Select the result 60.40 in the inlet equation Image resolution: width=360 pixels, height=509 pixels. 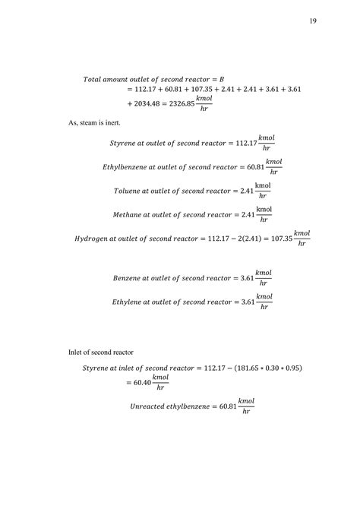coord(141,384)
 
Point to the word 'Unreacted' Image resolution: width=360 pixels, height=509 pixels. coord(150,407)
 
